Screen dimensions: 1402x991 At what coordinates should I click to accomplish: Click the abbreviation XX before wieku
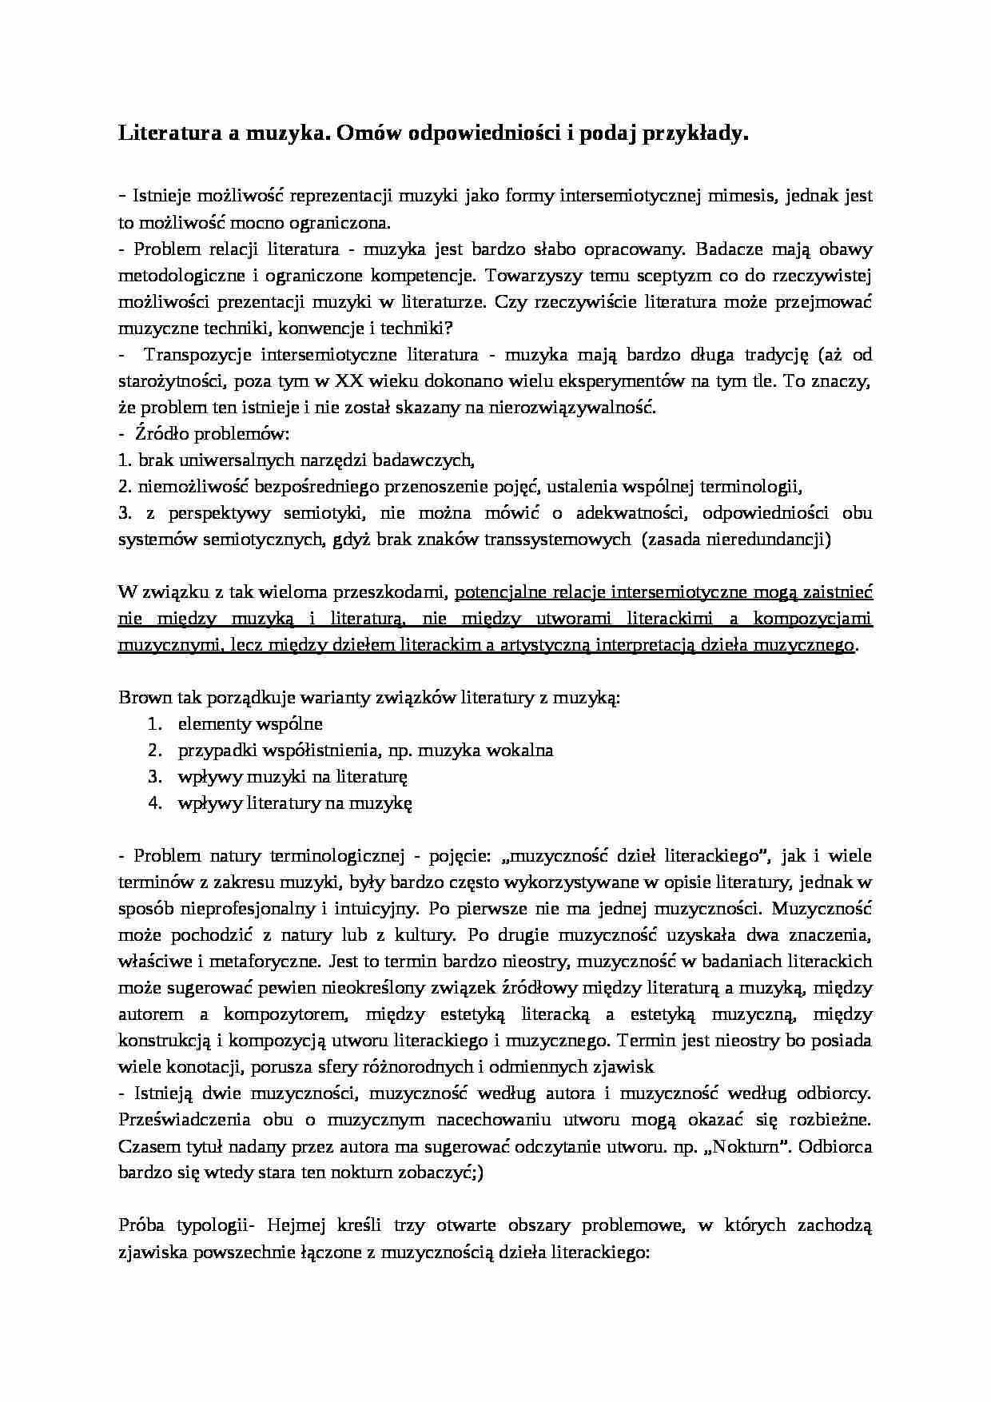[352, 381]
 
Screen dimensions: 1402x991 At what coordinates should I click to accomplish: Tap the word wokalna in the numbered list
[520, 751]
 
